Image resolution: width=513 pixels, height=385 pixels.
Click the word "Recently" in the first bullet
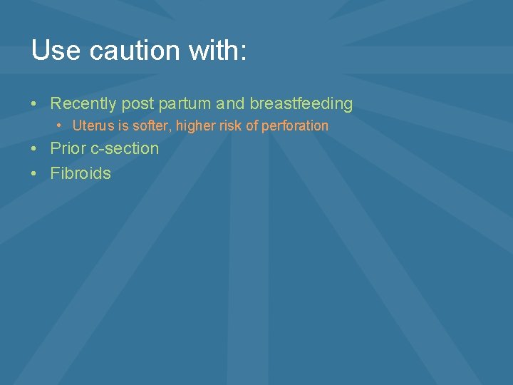pyautogui.click(x=83, y=104)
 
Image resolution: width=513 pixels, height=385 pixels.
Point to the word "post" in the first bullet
pyautogui.click(x=138, y=104)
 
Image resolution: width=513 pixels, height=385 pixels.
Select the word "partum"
pyautogui.click(x=185, y=104)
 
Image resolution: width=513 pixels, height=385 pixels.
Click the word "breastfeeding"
pyautogui.click(x=301, y=104)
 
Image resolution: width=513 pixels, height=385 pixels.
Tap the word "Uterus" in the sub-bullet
pyautogui.click(x=91, y=126)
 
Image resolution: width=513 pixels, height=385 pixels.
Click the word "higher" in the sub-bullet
pyautogui.click(x=195, y=126)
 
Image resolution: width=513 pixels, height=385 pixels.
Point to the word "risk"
pyautogui.click(x=229, y=126)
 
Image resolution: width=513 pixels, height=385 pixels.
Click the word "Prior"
pyautogui.click(x=68, y=149)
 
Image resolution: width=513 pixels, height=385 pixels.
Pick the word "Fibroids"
pyautogui.click(x=81, y=173)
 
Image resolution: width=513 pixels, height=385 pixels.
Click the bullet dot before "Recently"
pyautogui.click(x=35, y=104)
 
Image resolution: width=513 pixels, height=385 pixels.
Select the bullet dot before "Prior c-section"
pyautogui.click(x=35, y=149)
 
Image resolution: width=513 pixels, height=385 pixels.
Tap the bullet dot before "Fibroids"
pyautogui.click(x=35, y=173)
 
